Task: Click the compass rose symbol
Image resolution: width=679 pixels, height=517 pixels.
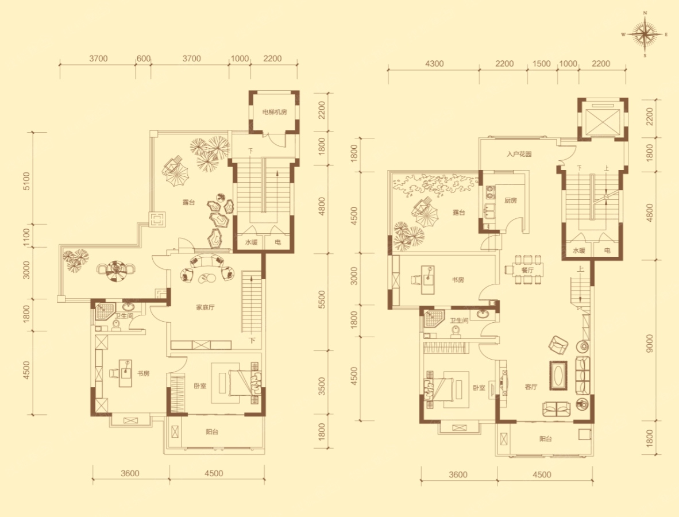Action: click(645, 34)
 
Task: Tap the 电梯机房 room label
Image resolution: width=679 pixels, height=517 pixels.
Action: click(275, 112)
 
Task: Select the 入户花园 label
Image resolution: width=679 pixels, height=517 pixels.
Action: click(519, 154)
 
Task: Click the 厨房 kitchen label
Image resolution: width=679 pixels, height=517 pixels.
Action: click(511, 200)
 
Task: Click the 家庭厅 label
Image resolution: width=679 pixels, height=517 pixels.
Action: click(205, 308)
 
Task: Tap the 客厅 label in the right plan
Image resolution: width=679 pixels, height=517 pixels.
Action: click(531, 387)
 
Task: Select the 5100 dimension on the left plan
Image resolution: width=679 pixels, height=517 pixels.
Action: click(26, 182)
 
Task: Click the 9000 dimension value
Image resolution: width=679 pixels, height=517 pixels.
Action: click(649, 343)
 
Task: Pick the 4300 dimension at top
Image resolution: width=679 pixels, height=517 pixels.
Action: click(434, 64)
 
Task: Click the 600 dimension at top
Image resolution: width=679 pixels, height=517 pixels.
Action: click(144, 59)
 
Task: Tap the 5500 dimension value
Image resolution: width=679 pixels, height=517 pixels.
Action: click(321, 300)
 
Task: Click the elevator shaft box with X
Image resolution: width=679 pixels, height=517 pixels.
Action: click(603, 118)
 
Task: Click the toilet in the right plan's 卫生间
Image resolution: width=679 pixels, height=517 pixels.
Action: click(455, 331)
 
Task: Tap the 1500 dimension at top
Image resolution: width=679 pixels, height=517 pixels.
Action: click(541, 64)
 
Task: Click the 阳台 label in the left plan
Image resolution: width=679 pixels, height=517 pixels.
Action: click(212, 432)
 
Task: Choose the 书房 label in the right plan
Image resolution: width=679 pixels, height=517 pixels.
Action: click(458, 280)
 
